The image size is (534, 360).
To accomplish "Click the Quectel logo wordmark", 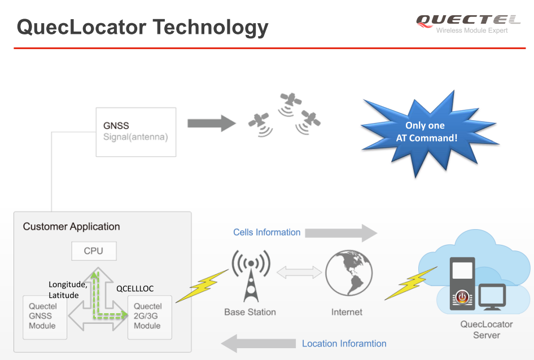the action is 469,20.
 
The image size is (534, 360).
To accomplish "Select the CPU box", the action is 94,251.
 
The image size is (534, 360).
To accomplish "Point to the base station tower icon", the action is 251,276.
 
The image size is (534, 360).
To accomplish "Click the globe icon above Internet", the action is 349,273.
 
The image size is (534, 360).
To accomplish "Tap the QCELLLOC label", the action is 135,289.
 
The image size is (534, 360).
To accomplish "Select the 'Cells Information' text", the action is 266,232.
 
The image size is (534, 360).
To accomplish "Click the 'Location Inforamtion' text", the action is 344,343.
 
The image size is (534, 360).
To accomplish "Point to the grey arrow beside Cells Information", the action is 341,233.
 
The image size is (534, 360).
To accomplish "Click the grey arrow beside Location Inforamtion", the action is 258,343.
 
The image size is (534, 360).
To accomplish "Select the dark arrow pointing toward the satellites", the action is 212,124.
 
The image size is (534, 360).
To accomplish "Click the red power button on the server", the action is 462,297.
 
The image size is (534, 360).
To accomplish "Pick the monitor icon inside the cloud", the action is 492,297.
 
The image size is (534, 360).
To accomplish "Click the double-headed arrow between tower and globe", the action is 299,273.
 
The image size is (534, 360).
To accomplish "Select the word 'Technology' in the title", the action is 211,28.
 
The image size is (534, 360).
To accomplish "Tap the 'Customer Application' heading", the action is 72,226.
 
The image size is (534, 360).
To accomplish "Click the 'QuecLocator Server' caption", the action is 487,330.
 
